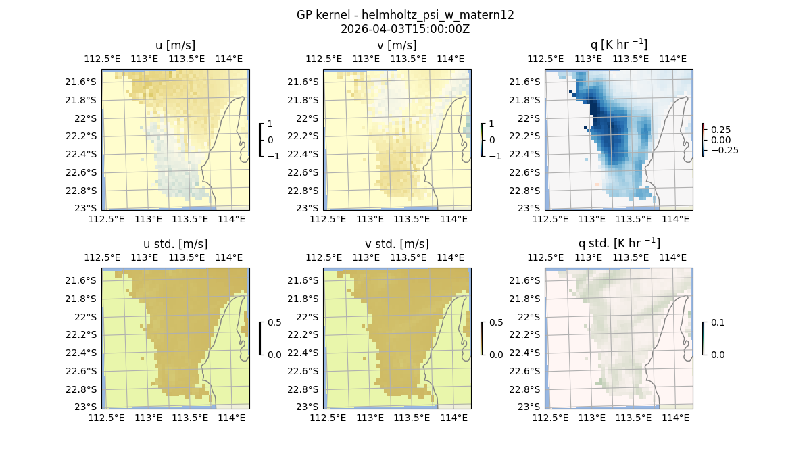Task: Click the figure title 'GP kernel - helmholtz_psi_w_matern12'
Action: click(x=405, y=15)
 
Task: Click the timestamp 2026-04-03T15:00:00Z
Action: click(x=405, y=29)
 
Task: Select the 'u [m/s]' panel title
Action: click(x=175, y=45)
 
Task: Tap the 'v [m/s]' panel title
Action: click(x=397, y=45)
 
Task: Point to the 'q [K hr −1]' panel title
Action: click(x=618, y=45)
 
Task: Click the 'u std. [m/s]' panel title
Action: click(x=175, y=244)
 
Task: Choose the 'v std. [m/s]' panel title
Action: click(x=397, y=244)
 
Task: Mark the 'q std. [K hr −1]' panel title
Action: click(x=618, y=243)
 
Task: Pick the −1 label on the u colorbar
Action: click(x=274, y=155)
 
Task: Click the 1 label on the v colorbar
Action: click(x=491, y=124)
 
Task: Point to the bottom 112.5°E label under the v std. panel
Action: click(x=325, y=418)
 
